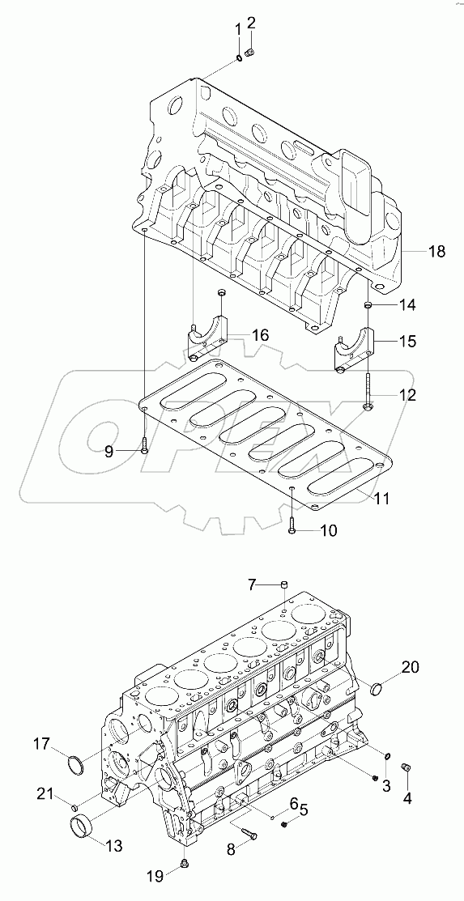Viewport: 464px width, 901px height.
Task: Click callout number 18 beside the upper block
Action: pyautogui.click(x=436, y=252)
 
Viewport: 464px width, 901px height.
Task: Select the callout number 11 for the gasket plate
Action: pyautogui.click(x=382, y=499)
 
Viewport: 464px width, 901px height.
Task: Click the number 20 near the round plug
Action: pyautogui.click(x=411, y=667)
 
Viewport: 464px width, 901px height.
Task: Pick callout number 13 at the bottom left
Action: pyautogui.click(x=114, y=846)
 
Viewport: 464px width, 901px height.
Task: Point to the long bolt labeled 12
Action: pyautogui.click(x=368, y=389)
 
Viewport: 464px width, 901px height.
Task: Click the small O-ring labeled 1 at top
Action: pyautogui.click(x=240, y=56)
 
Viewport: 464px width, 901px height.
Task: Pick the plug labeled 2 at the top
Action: pyautogui.click(x=251, y=53)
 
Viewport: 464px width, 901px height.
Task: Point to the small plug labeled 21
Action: pyautogui.click(x=74, y=807)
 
